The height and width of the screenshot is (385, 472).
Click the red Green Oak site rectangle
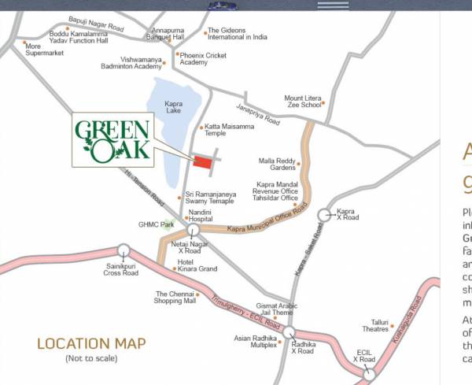point(203,162)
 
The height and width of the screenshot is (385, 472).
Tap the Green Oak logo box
point(112,139)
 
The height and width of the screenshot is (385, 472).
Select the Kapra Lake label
point(173,106)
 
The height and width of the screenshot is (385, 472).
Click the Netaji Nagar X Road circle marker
point(193,230)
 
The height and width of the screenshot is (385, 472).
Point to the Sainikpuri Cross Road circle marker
point(123,250)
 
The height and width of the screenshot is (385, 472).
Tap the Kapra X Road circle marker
point(324,214)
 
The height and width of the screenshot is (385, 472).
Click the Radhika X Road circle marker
point(289,332)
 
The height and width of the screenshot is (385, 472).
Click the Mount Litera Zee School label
point(303,102)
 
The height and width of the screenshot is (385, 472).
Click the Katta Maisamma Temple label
point(229,130)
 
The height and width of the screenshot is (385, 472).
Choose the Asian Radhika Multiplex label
point(254,342)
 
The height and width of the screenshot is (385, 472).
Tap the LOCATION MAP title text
point(91,343)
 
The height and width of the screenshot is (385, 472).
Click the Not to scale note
point(91,358)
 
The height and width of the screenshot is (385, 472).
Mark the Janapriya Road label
point(258,115)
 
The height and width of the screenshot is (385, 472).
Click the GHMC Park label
point(156,224)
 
